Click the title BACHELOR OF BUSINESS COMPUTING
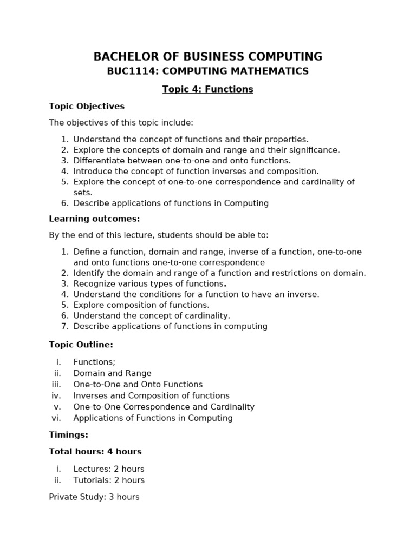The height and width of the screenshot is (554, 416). point(208,56)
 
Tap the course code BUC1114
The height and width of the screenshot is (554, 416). point(127,71)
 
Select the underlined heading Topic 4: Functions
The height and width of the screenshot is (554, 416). point(208,89)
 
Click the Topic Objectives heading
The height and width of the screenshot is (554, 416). point(87,107)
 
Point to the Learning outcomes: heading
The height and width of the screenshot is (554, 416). point(94,219)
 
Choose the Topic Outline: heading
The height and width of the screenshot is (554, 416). point(81,345)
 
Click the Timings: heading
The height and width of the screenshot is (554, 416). point(68,435)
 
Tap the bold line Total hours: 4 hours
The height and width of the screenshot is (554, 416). point(95,452)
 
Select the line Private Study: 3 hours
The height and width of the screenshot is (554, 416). point(94,497)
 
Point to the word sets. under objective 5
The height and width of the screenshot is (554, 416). point(83,193)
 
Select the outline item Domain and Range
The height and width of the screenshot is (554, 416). point(112,373)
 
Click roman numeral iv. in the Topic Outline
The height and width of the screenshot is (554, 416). point(57,396)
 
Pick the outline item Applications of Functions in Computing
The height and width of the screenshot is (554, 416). point(153,418)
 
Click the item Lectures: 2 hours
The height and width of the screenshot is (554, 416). point(108,469)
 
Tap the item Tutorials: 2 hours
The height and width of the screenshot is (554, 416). point(109,480)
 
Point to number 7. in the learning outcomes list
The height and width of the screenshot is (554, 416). point(64,326)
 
